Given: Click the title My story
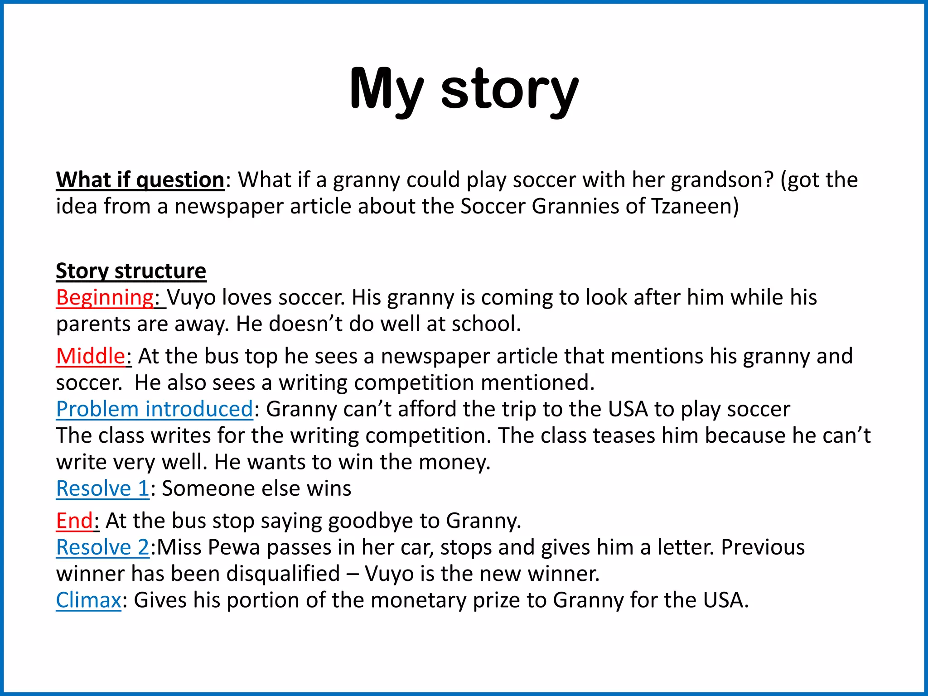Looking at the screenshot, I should pyautogui.click(x=464, y=89).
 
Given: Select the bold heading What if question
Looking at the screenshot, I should pyautogui.click(x=140, y=180).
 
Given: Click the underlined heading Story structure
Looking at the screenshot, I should pyautogui.click(x=131, y=271).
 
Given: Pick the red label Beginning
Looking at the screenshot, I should pyautogui.click(x=105, y=298).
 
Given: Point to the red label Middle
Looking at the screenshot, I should pyautogui.click(x=90, y=356).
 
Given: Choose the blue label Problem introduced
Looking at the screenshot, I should pyautogui.click(x=154, y=409).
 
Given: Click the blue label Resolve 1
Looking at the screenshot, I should pyautogui.click(x=102, y=488).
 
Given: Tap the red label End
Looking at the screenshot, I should pyautogui.click(x=74, y=521).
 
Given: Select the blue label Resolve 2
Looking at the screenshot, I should pyautogui.click(x=102, y=547).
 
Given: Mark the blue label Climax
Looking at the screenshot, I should pyautogui.click(x=88, y=600).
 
